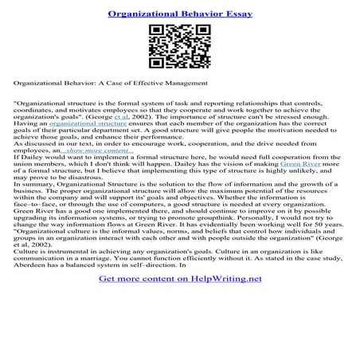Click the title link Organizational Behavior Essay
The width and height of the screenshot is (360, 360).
coord(180,14)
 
